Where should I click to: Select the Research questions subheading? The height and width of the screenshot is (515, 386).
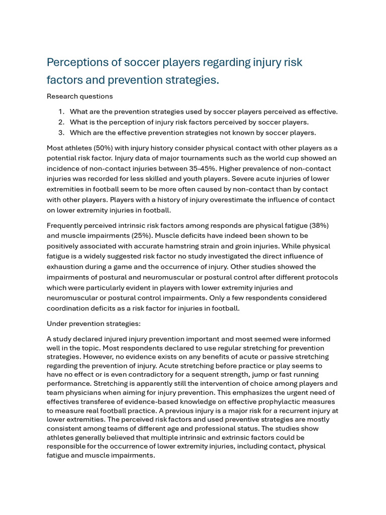(x=79, y=96)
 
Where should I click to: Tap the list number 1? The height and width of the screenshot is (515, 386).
(x=61, y=112)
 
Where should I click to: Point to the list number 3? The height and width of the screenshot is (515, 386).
(x=61, y=133)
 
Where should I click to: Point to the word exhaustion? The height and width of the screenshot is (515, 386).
(x=67, y=267)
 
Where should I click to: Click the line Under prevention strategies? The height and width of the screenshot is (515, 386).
(x=93, y=323)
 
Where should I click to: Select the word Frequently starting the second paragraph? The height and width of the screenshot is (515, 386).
(x=67, y=225)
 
